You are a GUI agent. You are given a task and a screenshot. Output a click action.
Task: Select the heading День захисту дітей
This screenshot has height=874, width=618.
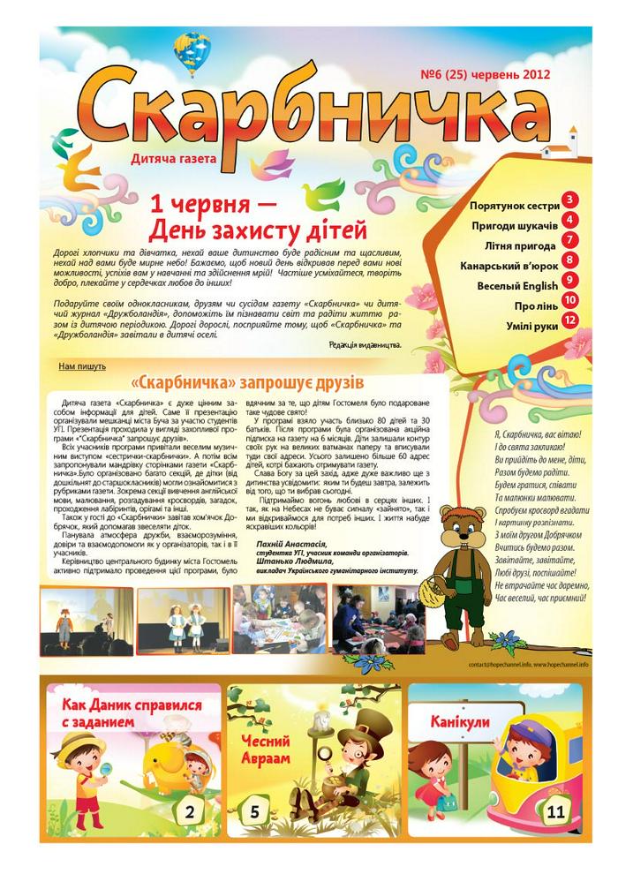(x=256, y=231)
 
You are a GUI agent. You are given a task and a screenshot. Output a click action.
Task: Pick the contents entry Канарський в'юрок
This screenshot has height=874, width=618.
(x=509, y=265)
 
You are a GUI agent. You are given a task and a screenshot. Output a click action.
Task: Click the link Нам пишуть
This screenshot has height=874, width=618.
(x=82, y=365)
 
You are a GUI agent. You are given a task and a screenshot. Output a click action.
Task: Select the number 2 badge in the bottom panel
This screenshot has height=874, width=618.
(x=191, y=810)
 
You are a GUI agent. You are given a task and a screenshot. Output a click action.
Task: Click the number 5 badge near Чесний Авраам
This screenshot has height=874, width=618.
(x=254, y=811)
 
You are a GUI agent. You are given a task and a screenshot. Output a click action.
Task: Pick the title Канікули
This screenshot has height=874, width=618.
(x=460, y=721)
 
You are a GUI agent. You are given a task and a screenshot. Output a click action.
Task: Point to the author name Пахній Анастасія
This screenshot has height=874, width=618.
(x=290, y=544)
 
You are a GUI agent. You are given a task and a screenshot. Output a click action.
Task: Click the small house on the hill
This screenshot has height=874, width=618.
(x=572, y=143)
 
